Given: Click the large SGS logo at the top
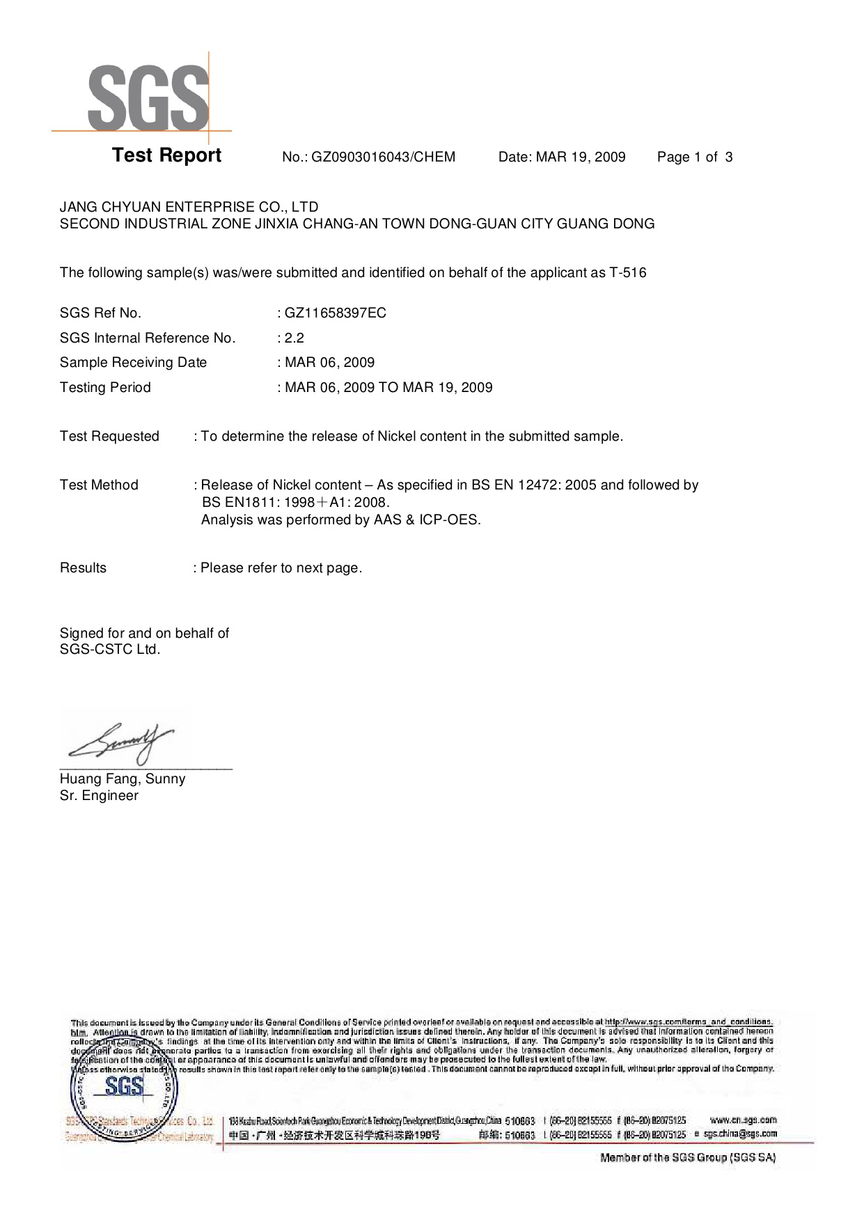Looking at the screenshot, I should (148, 97).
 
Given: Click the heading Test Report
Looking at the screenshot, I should (166, 155).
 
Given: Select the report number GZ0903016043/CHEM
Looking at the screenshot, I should (383, 157).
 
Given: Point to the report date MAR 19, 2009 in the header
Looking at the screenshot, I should (581, 157).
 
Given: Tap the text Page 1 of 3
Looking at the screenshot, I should (694, 157).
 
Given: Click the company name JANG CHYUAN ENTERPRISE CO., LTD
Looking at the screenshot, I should (189, 207).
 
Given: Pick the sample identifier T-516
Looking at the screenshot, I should (628, 273).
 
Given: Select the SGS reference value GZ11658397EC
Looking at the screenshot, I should (335, 313).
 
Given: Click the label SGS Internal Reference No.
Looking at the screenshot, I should (148, 338).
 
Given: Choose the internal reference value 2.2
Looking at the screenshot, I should (294, 338).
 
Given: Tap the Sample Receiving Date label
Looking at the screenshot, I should (133, 363).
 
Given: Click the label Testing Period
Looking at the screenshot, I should (105, 388).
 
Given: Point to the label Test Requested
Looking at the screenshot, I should (109, 437).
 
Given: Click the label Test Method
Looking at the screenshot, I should (99, 485).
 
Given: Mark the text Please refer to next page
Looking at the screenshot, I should (281, 568).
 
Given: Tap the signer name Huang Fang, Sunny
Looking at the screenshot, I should (123, 779).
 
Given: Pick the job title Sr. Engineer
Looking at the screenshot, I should (99, 796).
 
